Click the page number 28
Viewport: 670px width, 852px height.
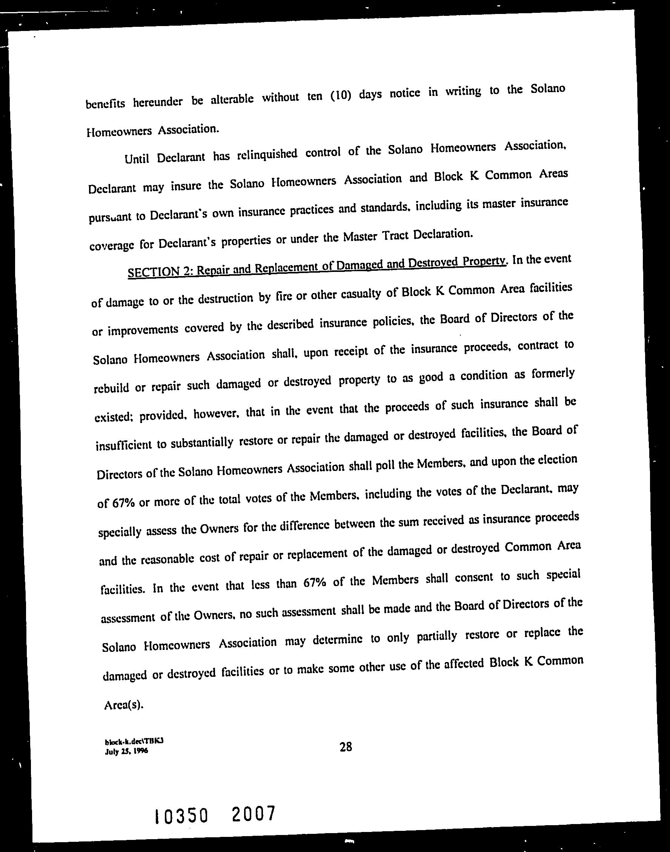click(346, 746)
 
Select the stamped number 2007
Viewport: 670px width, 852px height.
click(253, 813)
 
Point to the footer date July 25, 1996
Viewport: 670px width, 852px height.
click(126, 751)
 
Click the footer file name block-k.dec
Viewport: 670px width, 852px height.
click(134, 742)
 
